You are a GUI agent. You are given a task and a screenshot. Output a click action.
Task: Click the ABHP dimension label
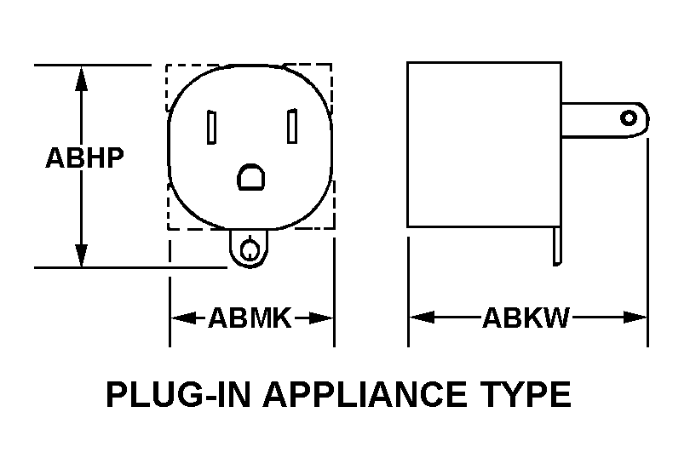[85, 159]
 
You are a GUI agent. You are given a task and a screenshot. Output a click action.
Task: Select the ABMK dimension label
[250, 319]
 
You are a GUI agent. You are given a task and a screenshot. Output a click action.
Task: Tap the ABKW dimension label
[526, 319]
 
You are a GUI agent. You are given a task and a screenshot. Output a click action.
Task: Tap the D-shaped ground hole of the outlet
[251, 177]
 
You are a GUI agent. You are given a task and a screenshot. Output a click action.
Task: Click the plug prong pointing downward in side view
[557, 246]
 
